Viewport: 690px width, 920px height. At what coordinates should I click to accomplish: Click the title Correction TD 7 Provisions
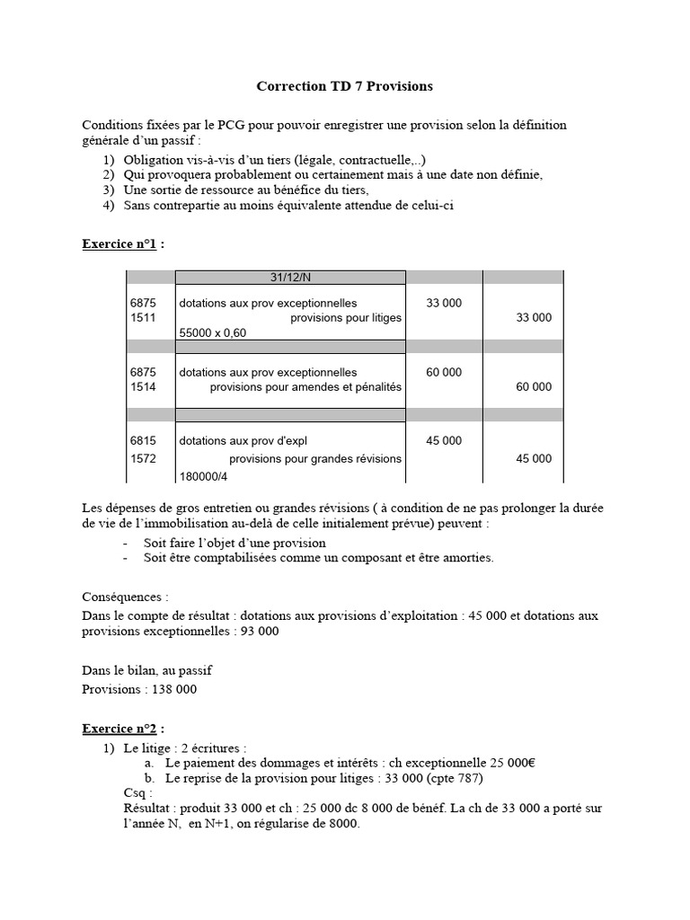(x=344, y=86)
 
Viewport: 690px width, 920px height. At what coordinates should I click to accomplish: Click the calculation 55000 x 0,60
(x=212, y=333)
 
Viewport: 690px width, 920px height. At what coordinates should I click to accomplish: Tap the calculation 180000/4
(x=203, y=476)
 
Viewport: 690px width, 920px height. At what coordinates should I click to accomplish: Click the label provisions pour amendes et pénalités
(x=305, y=387)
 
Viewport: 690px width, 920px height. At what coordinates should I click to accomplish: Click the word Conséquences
(x=125, y=597)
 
